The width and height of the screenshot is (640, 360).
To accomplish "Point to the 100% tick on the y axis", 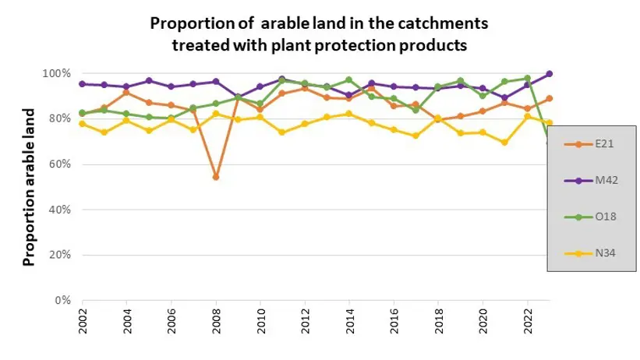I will point(60,73).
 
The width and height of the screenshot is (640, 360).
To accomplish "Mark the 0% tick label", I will point(65,300).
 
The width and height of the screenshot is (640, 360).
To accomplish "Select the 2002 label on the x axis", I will point(83,321).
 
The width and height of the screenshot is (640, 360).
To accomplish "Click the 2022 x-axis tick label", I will point(528,321).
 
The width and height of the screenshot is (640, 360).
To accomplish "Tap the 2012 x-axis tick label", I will point(305,321).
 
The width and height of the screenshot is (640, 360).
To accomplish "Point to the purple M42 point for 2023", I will point(550,74).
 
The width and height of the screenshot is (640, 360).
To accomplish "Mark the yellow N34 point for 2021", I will point(505,143).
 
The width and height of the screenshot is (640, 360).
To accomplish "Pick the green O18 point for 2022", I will point(528,78).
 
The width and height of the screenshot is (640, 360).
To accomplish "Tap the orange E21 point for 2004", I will point(127,93).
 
